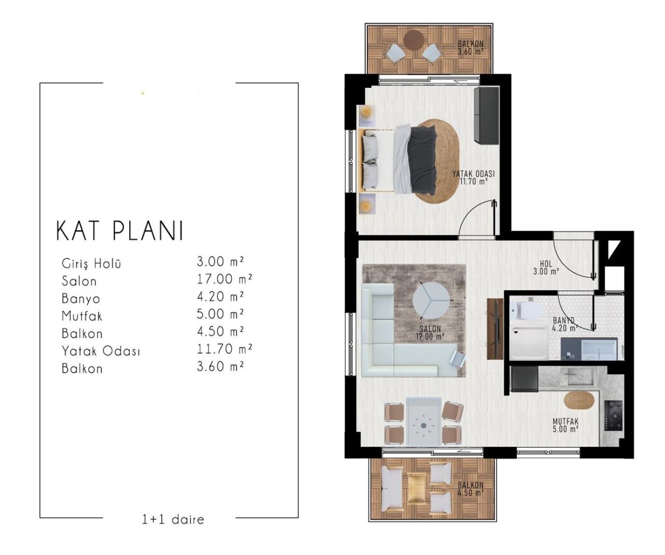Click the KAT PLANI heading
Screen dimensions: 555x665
(120, 231)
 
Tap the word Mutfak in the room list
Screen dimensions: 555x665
(82, 316)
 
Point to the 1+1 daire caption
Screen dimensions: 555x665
(173, 519)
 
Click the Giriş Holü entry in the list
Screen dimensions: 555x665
(91, 263)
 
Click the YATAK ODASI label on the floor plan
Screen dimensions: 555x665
(473, 178)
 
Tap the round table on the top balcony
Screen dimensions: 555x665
(414, 39)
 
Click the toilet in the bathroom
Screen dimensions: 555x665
(525, 311)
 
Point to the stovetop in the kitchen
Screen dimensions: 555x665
(613, 415)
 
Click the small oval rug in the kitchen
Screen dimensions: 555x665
(578, 401)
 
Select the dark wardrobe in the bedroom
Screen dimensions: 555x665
(486, 115)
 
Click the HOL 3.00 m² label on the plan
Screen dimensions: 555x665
(546, 267)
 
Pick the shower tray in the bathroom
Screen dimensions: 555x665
(528, 342)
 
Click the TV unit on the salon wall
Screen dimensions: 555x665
(495, 329)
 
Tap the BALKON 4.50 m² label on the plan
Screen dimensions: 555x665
(470, 489)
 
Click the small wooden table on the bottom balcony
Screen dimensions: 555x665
(415, 488)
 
